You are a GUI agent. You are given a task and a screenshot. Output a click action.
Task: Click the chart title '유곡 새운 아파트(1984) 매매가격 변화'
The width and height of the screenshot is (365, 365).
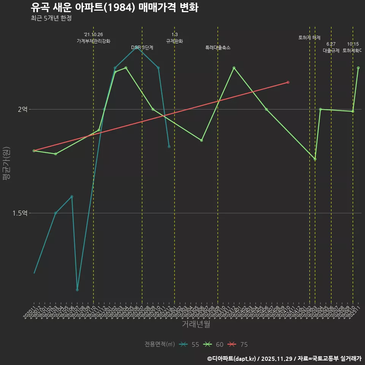114,8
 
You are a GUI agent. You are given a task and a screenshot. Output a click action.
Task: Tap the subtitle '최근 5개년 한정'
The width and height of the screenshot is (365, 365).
51,18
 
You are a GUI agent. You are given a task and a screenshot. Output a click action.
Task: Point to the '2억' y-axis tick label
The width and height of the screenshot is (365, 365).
22,109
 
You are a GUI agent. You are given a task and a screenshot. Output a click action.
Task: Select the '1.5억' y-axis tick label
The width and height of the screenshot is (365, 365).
20,213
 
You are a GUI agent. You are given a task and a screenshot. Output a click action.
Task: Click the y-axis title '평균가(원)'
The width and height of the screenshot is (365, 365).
6,164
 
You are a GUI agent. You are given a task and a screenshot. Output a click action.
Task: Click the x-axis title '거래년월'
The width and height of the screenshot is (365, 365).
196,324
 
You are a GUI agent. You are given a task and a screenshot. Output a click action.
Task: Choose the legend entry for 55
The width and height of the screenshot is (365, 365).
189,344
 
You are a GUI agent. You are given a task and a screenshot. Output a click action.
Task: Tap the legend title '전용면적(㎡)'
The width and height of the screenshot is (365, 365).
160,344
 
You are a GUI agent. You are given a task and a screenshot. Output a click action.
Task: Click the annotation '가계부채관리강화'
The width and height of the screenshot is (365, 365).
94,41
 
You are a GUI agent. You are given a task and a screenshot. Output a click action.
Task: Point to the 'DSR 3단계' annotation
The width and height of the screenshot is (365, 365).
142,48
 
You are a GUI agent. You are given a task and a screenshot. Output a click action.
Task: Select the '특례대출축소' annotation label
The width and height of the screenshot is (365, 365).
218,48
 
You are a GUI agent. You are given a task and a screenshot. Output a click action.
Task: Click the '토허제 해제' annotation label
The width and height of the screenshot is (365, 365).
309,38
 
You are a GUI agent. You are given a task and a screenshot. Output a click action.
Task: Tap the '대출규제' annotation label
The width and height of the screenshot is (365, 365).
331,51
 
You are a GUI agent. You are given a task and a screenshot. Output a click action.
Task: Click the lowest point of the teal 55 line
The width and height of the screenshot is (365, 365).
77,290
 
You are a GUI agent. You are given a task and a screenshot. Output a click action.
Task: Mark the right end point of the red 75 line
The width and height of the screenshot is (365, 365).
288,82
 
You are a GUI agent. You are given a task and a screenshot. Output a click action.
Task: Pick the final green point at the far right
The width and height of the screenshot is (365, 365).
358,68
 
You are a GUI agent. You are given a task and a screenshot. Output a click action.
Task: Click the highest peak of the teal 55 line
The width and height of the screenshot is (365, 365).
136,47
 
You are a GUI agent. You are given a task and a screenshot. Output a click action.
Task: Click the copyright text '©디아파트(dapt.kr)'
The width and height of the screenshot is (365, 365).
232,358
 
